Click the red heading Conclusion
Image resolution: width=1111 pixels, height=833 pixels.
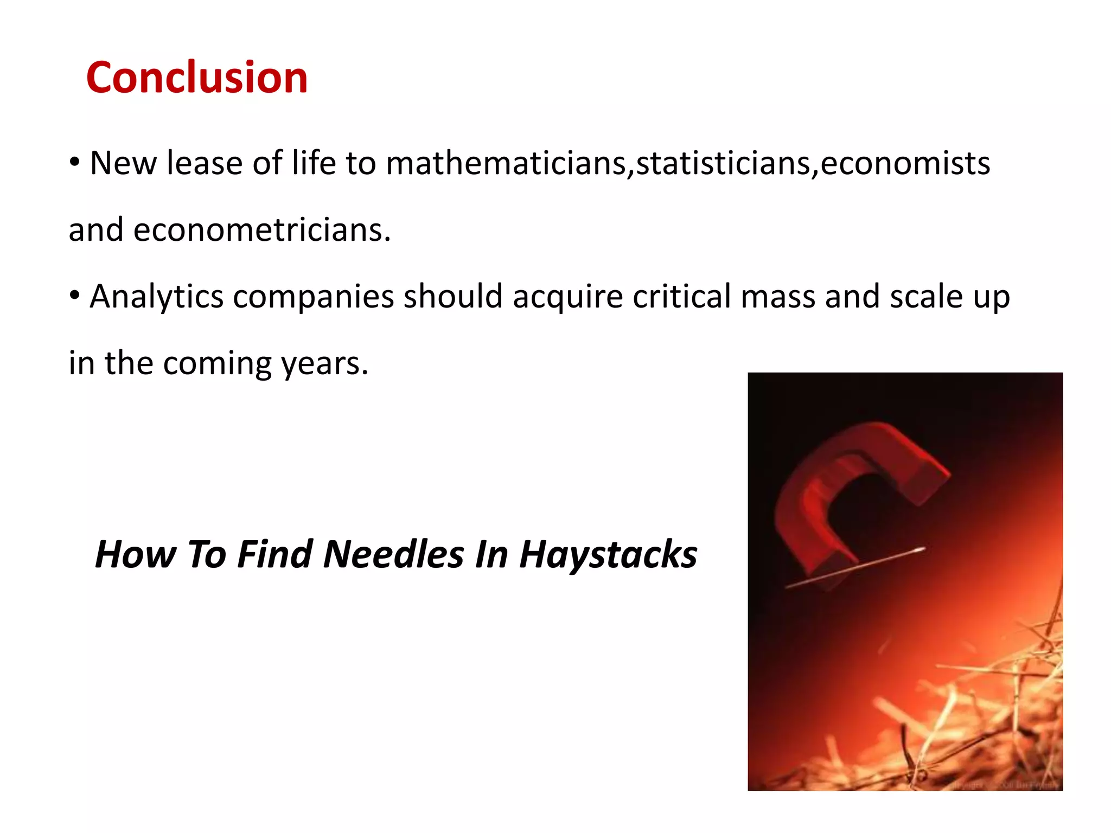coord(197,78)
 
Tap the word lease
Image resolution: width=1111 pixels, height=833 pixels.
coord(205,163)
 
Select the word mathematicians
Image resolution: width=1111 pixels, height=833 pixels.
coord(506,163)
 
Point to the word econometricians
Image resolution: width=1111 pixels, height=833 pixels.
coord(261,229)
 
